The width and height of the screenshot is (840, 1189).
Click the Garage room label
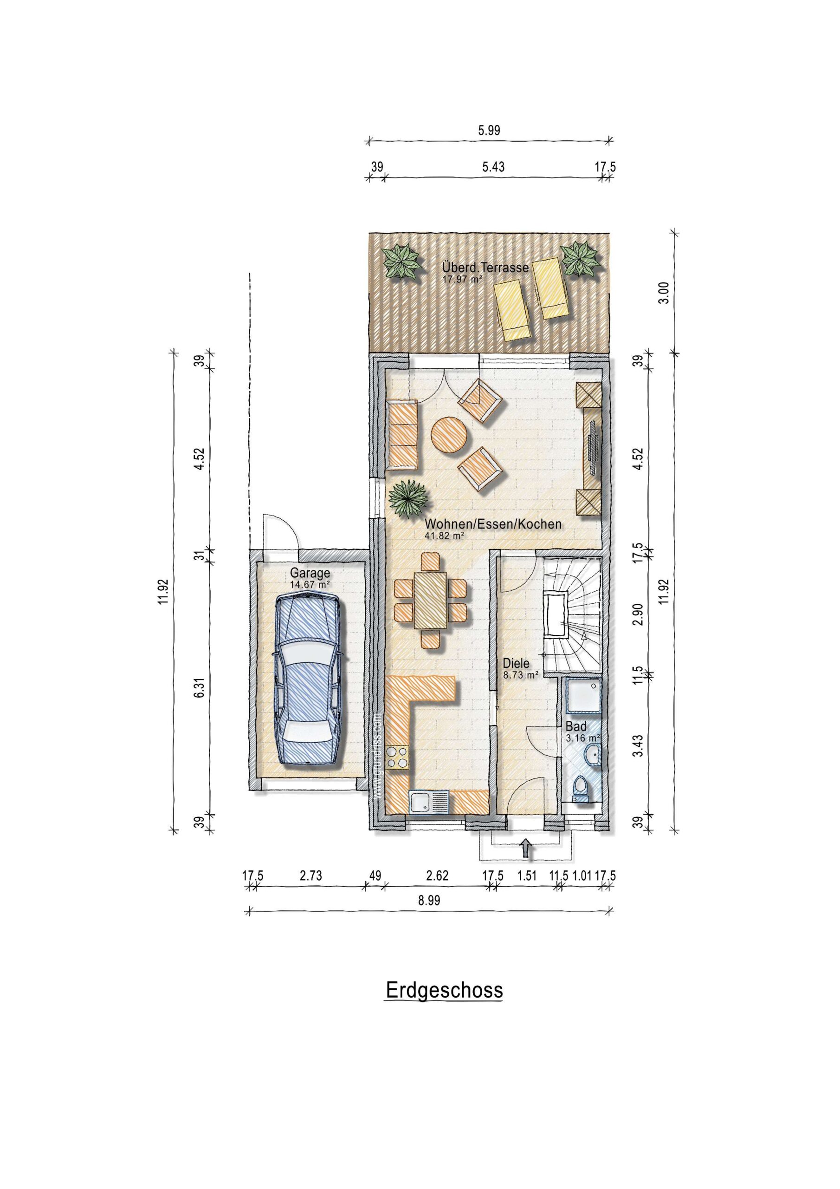click(310, 573)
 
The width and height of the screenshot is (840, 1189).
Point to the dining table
click(430, 600)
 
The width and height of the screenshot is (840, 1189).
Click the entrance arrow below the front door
click(526, 849)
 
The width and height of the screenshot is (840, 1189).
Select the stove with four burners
click(397, 758)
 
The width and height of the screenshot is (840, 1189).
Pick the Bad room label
click(575, 726)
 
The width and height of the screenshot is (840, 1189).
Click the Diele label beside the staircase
click(516, 663)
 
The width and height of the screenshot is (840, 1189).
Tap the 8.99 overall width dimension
click(429, 900)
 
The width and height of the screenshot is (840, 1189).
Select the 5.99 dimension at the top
click(489, 131)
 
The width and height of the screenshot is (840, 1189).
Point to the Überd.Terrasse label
click(485, 268)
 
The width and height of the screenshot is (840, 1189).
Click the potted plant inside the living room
click(409, 499)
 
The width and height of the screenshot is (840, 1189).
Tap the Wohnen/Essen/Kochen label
click(493, 524)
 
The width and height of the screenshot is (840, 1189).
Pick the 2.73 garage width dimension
click(310, 875)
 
